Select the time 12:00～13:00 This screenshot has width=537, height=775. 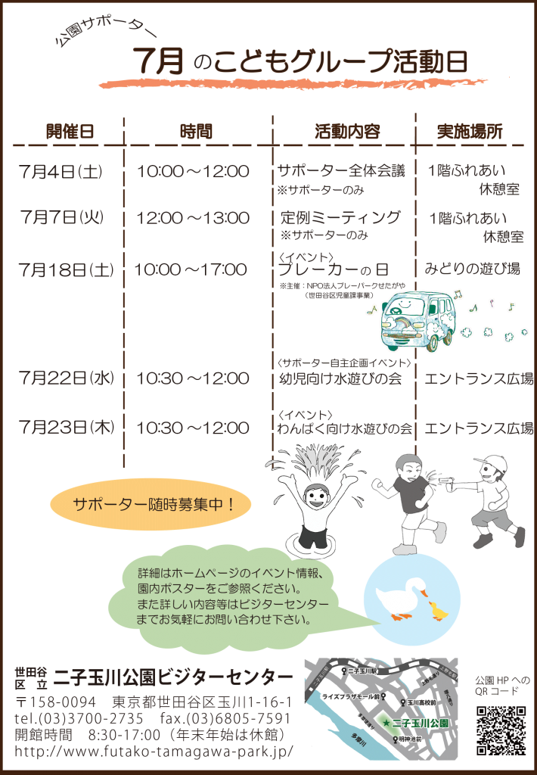193,219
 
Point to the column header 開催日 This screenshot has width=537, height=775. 70,131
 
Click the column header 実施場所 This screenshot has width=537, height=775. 469,131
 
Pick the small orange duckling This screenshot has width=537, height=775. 439,609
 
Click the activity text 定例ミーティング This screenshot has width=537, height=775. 340,218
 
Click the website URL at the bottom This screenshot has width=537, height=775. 154,752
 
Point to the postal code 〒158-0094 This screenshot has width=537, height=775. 56,701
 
